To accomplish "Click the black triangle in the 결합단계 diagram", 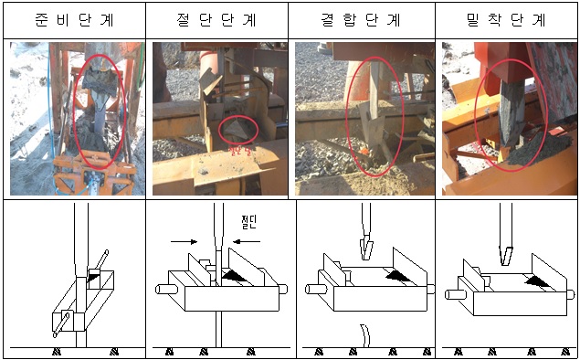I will tap(395, 272).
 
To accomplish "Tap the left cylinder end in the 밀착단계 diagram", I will tap(451, 294).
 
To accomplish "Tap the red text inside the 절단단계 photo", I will tap(239, 145).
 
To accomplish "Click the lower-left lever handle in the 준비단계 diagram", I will tap(60, 321).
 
